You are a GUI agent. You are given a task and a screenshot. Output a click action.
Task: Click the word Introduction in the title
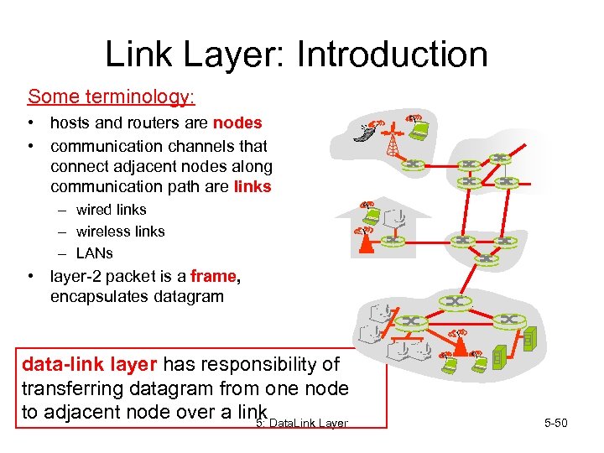click(x=392, y=55)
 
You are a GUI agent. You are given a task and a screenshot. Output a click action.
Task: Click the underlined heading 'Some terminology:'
click(x=112, y=96)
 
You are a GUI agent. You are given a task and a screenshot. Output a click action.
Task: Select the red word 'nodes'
click(x=237, y=122)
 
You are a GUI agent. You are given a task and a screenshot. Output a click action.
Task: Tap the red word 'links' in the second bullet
click(x=253, y=186)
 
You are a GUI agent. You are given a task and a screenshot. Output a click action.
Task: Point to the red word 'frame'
click(x=214, y=275)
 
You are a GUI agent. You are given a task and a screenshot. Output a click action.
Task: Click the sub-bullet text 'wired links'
click(x=111, y=210)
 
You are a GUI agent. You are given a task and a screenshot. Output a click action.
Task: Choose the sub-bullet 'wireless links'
click(x=120, y=232)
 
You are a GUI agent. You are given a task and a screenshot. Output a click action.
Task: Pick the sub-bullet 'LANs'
click(x=94, y=253)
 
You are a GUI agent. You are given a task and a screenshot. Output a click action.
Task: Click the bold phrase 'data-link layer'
click(x=89, y=364)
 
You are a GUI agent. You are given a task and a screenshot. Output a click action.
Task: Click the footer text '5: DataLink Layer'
click(x=302, y=423)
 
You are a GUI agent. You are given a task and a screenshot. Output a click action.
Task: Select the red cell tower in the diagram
click(x=393, y=142)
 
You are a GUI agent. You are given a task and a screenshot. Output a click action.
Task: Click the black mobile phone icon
click(x=364, y=133)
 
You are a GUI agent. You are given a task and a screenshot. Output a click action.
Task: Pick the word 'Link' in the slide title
click(x=140, y=55)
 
